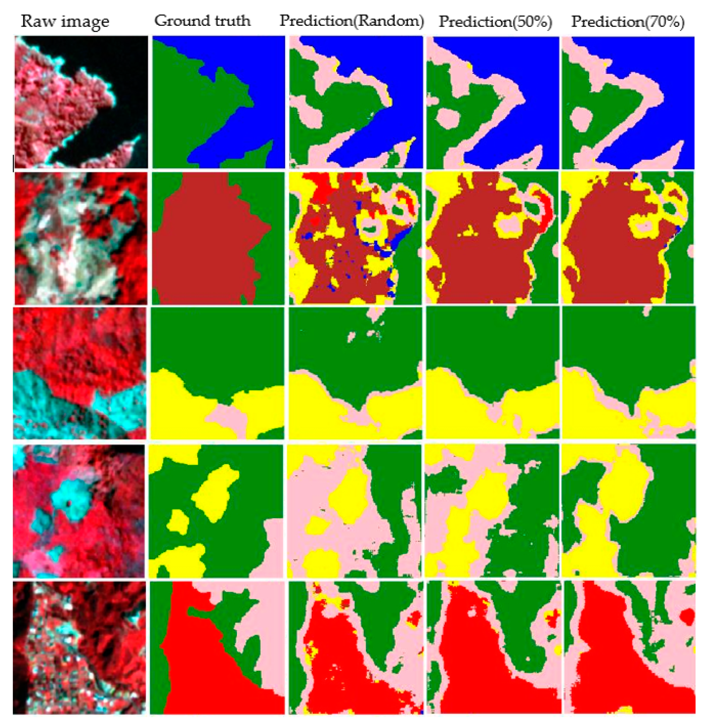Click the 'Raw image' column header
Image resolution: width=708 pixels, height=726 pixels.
coord(65,22)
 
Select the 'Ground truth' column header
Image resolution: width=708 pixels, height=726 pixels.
coord(203,21)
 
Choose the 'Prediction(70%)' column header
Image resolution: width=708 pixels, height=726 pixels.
coord(628,22)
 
